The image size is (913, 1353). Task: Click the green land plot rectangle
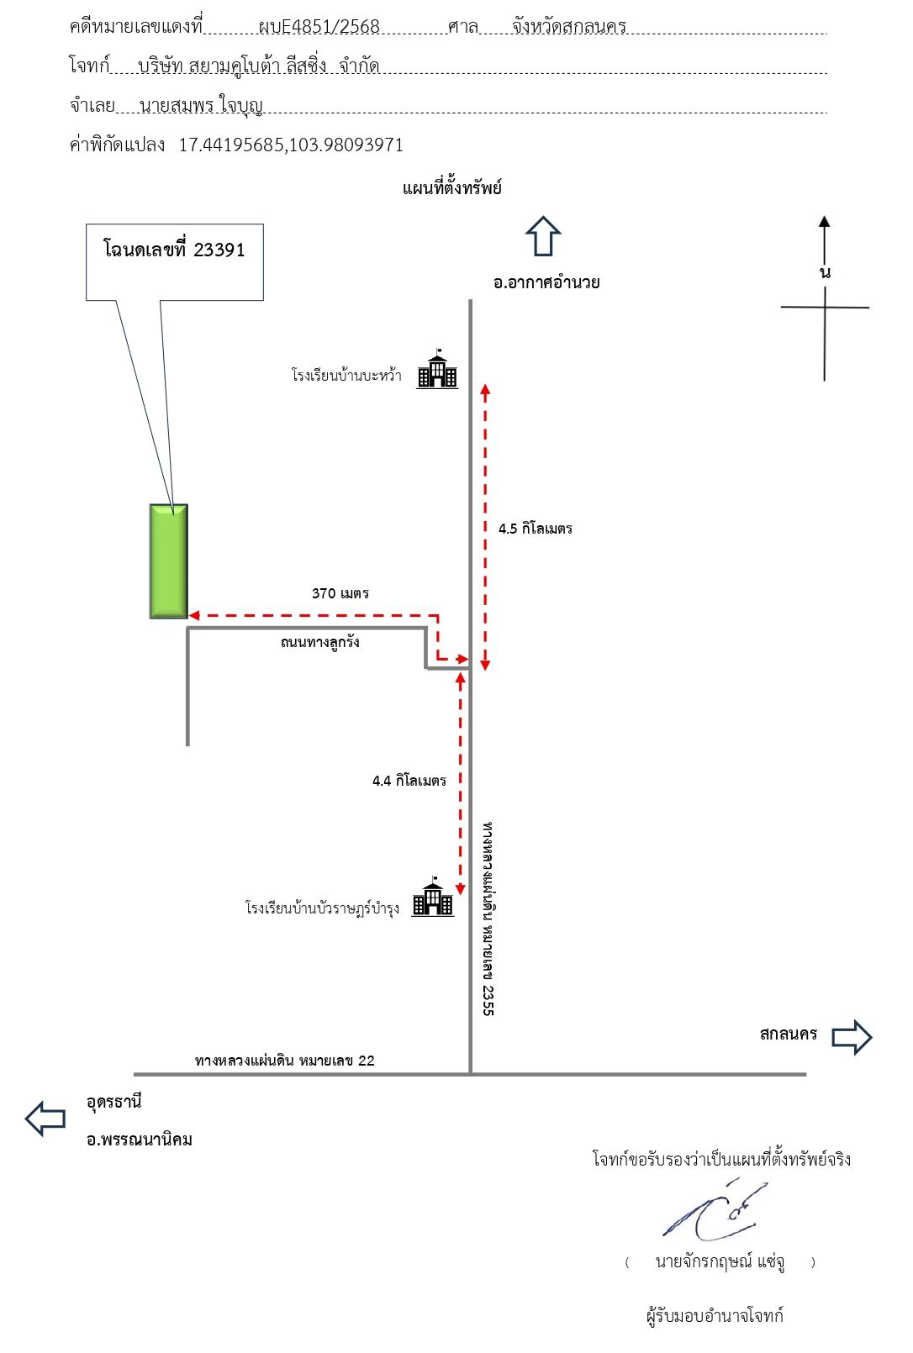(169, 561)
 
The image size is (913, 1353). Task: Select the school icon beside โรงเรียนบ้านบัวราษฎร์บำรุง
(433, 897)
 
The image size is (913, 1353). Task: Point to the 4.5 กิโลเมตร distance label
(536, 529)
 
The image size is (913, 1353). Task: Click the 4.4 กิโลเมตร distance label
(409, 781)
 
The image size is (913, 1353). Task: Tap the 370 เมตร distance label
(340, 594)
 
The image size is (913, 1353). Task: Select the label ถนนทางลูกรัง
(319, 642)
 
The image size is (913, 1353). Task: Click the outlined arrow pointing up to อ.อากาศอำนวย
(543, 236)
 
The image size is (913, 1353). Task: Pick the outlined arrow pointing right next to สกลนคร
(852, 1037)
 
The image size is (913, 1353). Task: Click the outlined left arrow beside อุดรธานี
(45, 1119)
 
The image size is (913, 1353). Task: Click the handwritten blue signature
(715, 1209)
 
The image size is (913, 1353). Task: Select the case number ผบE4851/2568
(319, 27)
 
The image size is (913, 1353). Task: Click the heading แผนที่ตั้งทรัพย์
(452, 188)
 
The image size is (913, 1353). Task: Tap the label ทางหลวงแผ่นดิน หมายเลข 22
(285, 1061)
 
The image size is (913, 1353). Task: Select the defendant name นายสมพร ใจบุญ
(201, 106)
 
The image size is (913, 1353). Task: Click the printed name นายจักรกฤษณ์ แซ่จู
(720, 1262)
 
